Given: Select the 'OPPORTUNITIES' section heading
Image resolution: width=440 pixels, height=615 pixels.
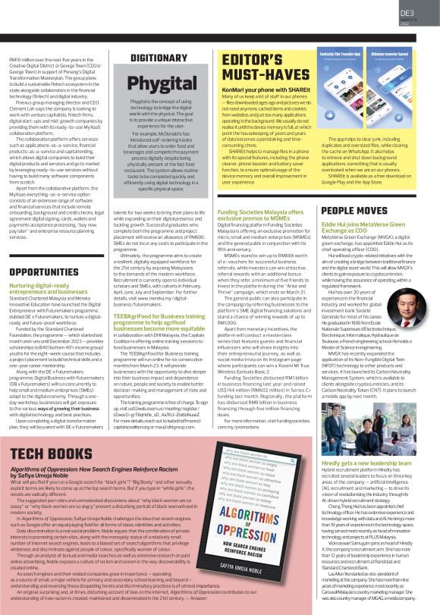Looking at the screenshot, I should (x=45, y=272).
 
